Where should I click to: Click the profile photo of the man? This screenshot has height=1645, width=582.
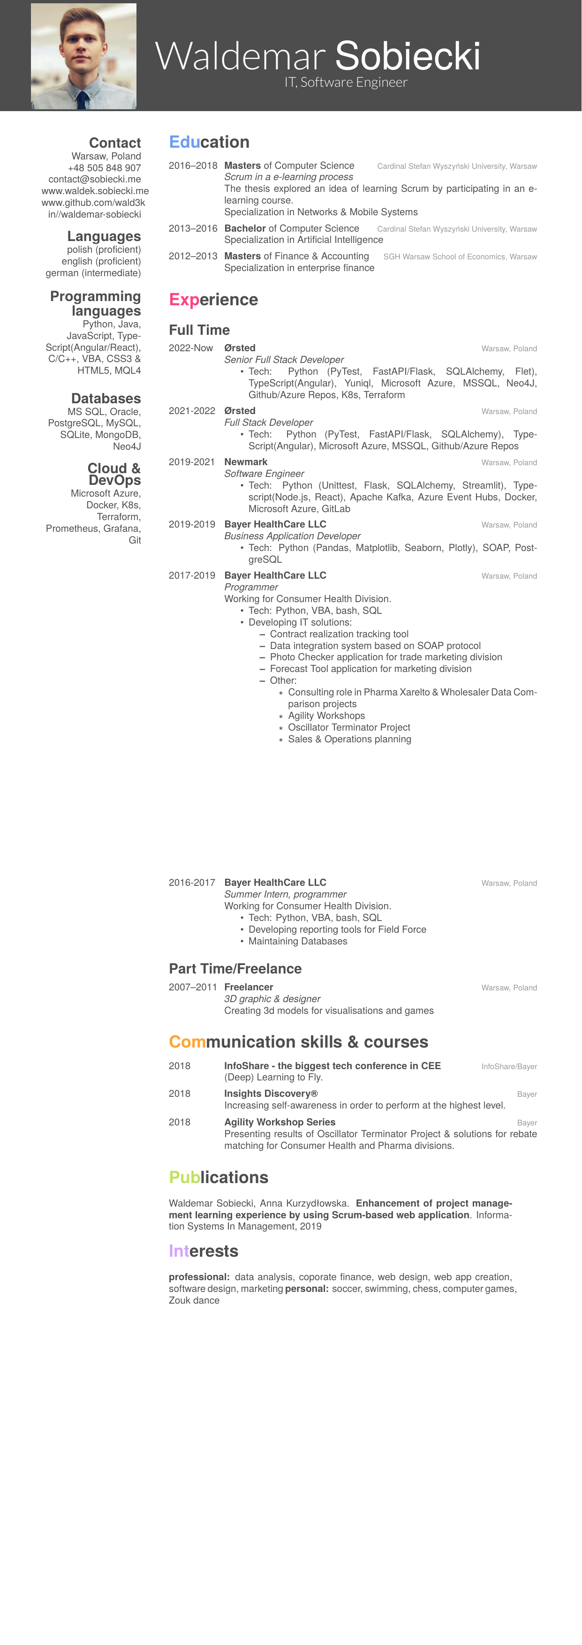click(x=83, y=56)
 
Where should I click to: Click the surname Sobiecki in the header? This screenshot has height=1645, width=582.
click(x=408, y=56)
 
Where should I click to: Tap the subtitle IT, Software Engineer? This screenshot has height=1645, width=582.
click(x=346, y=83)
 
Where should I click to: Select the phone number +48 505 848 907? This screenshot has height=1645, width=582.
click(x=104, y=168)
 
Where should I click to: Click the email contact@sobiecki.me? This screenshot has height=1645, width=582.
click(x=95, y=180)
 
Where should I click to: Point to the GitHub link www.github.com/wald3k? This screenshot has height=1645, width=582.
click(x=93, y=203)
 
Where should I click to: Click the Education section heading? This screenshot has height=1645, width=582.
click(x=209, y=143)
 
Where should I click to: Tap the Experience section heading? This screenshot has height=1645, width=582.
click(x=213, y=300)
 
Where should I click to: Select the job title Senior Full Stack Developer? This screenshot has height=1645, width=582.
click(x=284, y=360)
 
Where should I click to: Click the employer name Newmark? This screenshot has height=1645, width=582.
click(x=245, y=462)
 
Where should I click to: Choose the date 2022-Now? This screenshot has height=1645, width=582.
click(x=190, y=348)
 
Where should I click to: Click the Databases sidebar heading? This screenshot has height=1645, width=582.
click(x=106, y=399)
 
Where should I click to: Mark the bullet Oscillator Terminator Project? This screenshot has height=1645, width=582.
click(x=349, y=727)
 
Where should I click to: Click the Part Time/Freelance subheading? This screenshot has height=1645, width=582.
click(x=235, y=969)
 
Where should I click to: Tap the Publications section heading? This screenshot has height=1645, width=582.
click(x=219, y=1177)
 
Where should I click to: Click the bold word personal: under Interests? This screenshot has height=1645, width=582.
click(x=307, y=1289)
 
